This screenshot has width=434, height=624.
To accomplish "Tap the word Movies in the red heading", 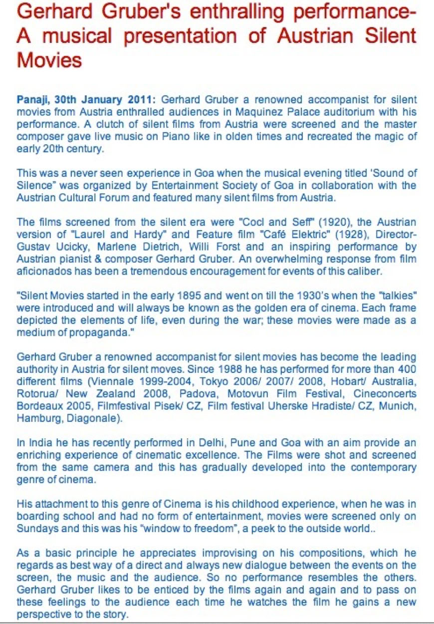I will (x=49, y=60).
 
